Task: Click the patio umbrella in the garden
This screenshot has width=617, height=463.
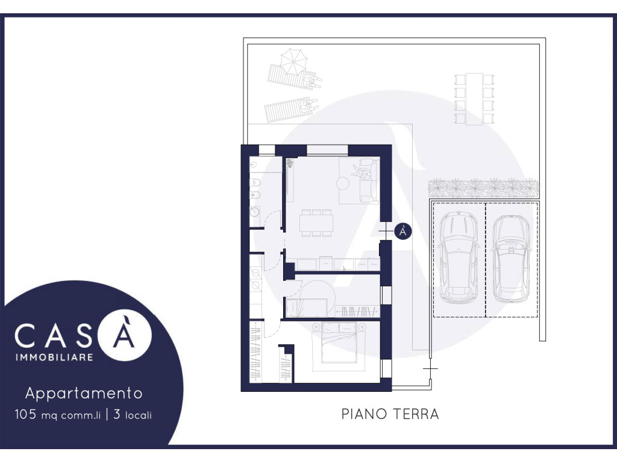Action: (x=293, y=61)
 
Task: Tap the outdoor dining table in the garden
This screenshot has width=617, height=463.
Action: (x=474, y=99)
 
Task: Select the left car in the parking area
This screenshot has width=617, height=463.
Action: (x=459, y=257)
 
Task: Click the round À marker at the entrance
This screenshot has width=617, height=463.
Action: (x=402, y=231)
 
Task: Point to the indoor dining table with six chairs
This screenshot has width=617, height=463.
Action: (x=316, y=223)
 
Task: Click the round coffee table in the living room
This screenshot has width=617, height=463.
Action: (x=343, y=183)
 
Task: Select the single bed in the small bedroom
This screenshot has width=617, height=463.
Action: (x=306, y=308)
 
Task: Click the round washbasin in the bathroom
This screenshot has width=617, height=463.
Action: (x=255, y=211)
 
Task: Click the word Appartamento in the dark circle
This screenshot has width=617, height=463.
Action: (x=84, y=394)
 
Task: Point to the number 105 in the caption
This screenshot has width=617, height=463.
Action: (x=25, y=414)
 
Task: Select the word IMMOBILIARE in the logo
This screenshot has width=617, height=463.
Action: (x=54, y=357)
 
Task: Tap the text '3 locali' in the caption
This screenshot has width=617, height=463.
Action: (x=133, y=415)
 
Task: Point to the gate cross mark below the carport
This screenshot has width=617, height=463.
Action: (x=430, y=369)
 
